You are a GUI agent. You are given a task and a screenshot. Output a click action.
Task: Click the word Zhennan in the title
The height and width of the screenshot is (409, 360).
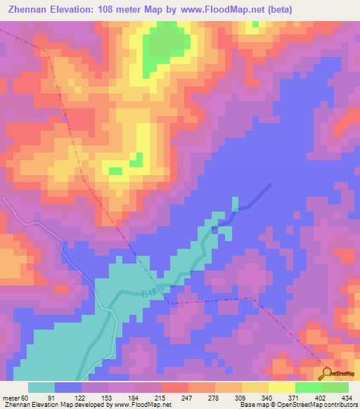[x=31, y=10]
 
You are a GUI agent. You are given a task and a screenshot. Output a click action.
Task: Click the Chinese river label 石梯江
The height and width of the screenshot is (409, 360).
[x=152, y=290]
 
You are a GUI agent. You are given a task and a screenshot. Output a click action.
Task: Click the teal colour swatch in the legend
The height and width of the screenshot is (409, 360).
[x=41, y=387]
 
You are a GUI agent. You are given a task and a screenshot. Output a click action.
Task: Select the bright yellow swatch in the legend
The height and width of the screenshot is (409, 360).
[x=281, y=387]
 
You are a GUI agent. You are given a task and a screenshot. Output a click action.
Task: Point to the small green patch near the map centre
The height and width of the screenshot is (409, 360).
[x=116, y=171]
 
